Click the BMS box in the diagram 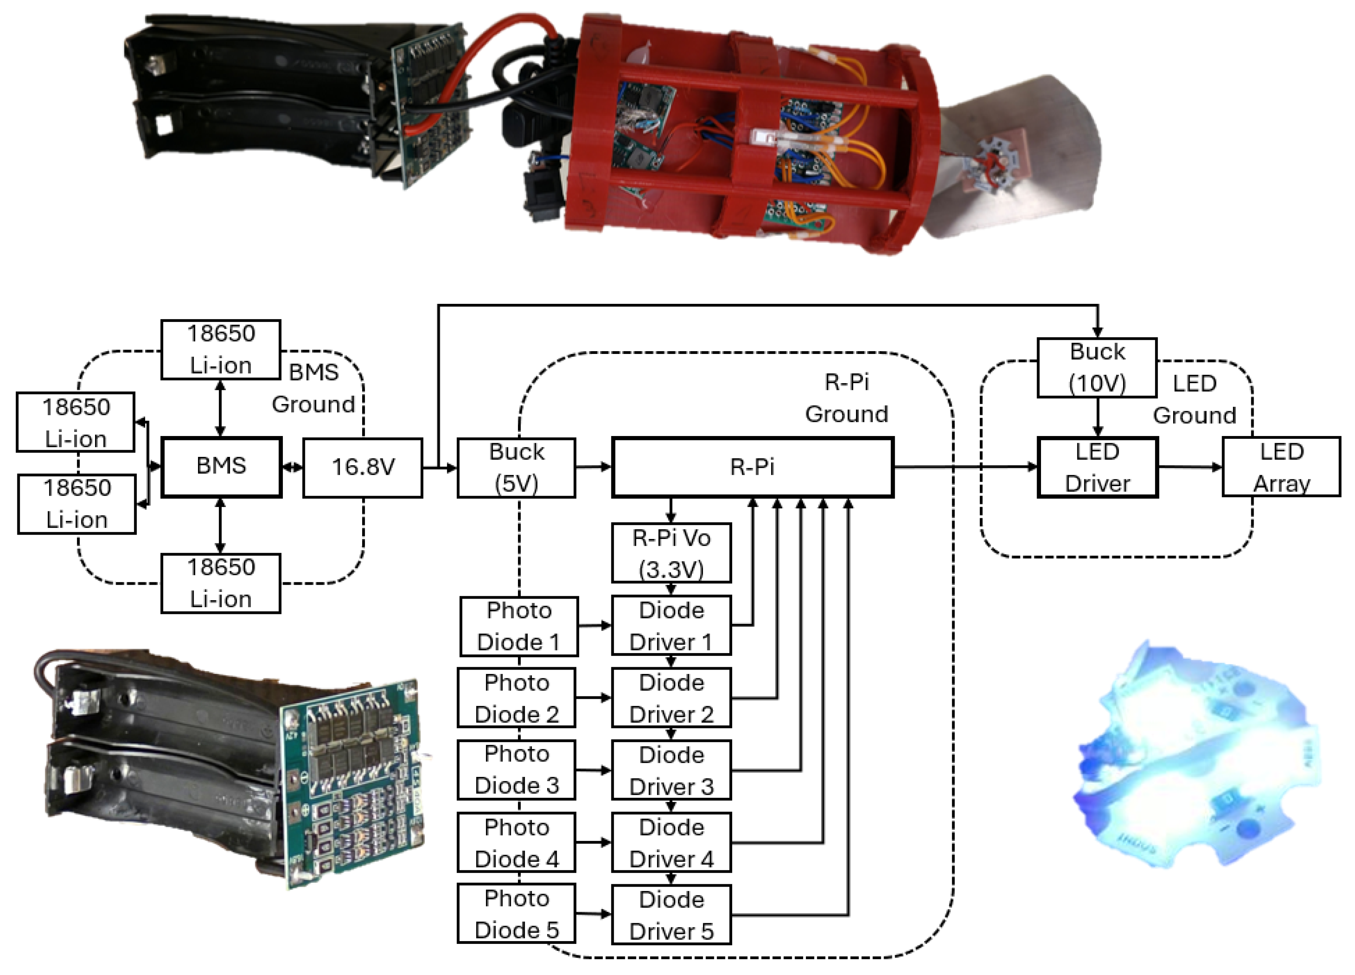tap(221, 467)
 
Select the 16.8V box tap(363, 467)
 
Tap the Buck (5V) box tap(517, 467)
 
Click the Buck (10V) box tap(1097, 367)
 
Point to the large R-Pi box tap(752, 467)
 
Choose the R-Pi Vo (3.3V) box tap(671, 553)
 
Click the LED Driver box tap(1097, 467)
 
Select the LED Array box tap(1282, 467)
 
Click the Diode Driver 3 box tap(671, 770)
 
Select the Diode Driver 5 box tap(671, 915)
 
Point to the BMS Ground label tap(314, 388)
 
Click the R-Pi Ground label tap(847, 398)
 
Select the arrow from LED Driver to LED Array tap(1189, 467)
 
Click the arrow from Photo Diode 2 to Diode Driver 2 tap(593, 697)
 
